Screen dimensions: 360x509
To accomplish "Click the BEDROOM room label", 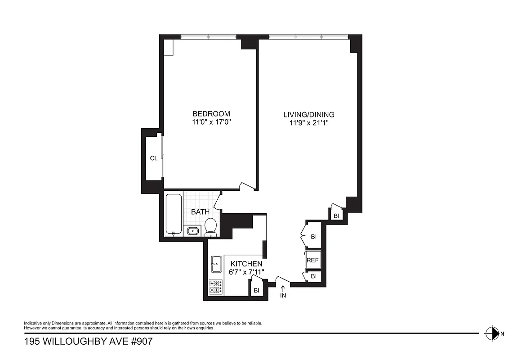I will pyautogui.click(x=211, y=114).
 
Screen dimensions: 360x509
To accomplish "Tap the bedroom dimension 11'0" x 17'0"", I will pyautogui.click(x=211, y=122).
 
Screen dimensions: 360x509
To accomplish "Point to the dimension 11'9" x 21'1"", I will pyautogui.click(x=308, y=122).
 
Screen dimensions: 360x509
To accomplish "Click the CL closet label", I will pyautogui.click(x=154, y=158).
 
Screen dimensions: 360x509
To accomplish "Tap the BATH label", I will pyautogui.click(x=200, y=211).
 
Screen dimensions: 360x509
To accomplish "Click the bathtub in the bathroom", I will pyautogui.click(x=174, y=214).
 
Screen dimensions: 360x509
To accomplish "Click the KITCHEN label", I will pyautogui.click(x=246, y=264).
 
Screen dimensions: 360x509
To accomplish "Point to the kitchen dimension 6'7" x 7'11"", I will pyautogui.click(x=246, y=272).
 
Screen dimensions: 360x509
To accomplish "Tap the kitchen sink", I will pyautogui.click(x=215, y=264).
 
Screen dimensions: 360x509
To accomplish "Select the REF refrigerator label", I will pyautogui.click(x=313, y=260).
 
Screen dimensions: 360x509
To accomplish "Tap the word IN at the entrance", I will pyautogui.click(x=283, y=296).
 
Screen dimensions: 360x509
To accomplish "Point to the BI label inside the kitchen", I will pyautogui.click(x=256, y=291).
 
